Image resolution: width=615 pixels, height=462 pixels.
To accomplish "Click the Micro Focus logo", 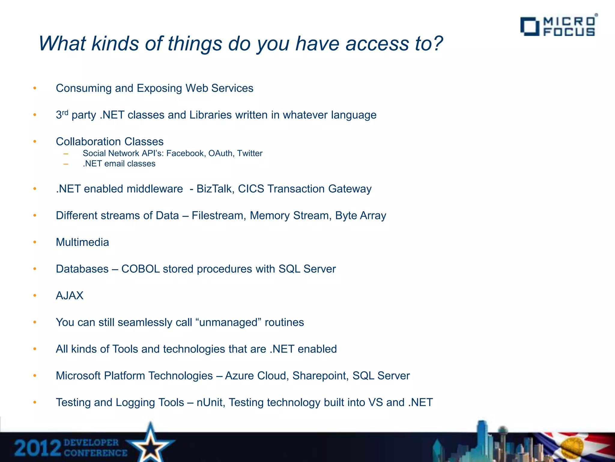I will tap(558, 26).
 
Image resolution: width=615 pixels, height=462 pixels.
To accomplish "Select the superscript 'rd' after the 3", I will tap(65, 112).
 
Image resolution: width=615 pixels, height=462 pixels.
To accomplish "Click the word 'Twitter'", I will tap(250, 153).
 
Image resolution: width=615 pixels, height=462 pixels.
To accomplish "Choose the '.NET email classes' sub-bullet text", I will tap(119, 164).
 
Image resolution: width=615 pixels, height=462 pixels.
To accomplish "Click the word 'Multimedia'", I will tap(82, 242).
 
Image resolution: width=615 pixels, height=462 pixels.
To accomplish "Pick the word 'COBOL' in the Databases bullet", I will tap(140, 269).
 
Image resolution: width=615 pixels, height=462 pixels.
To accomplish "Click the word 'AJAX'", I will tap(69, 296).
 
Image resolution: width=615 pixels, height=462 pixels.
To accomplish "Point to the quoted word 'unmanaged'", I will tap(229, 322).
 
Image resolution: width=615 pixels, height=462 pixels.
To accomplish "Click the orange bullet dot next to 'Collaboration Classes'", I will tap(35, 141).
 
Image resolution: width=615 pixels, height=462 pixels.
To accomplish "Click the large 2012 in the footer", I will tap(38, 448).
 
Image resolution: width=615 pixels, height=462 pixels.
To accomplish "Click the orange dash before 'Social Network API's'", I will tap(66, 154).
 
